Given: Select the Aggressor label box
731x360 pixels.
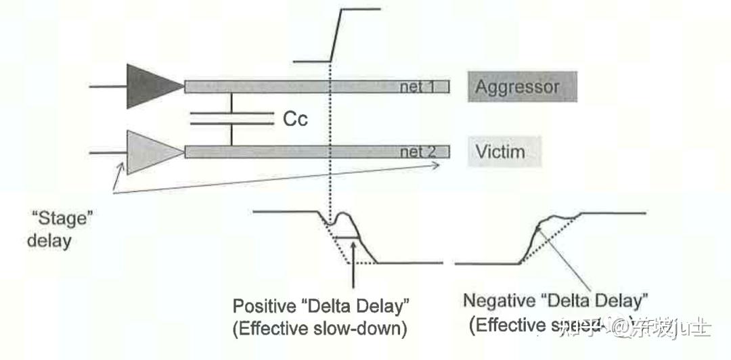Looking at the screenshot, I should (522, 87).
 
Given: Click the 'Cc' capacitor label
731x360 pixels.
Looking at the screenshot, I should (295, 120).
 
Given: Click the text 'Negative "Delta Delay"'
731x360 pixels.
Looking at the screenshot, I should (556, 299).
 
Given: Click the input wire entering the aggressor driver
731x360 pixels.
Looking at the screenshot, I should (108, 86).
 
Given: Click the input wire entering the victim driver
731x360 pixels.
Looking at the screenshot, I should (108, 152).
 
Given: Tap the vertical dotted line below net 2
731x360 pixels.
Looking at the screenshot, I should (329, 186).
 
